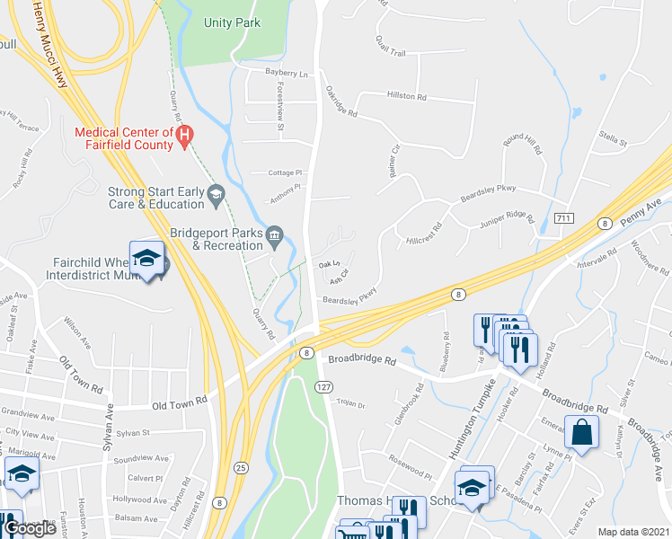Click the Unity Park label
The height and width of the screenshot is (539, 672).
tap(232, 22)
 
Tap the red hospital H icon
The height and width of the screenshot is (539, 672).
tap(185, 137)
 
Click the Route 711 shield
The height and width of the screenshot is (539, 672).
tap(564, 218)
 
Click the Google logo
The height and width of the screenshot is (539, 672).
tap(30, 528)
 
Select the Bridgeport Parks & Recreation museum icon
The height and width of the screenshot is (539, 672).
tap(277, 235)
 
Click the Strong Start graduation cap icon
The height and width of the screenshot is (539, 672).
tap(216, 193)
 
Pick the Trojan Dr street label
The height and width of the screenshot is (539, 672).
tap(350, 404)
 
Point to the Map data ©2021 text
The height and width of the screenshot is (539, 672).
tap(634, 532)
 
